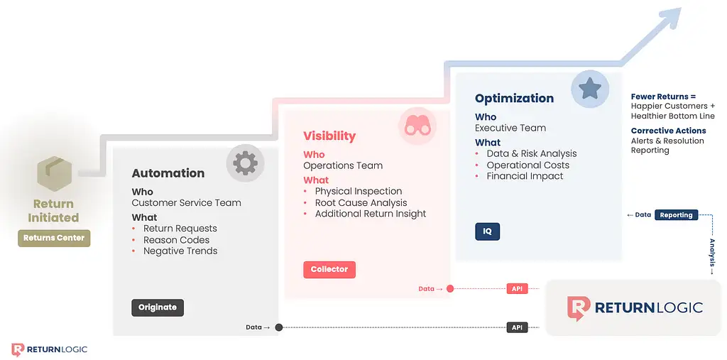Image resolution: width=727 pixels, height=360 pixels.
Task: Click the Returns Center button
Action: point(54,238)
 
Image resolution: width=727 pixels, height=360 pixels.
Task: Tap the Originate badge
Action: point(158,307)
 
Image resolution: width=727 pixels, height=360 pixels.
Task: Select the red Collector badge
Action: point(329,270)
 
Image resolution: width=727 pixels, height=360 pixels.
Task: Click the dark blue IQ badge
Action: point(487,231)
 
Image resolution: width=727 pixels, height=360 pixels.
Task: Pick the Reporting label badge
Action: point(676,215)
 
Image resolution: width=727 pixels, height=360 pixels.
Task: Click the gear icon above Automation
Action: point(245,163)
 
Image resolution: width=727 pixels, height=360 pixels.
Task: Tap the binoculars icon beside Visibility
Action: point(417,126)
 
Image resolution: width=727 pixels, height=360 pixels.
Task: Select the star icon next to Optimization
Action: point(590,88)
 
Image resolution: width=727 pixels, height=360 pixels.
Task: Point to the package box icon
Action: point(54,174)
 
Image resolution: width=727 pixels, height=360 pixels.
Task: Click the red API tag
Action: point(517,288)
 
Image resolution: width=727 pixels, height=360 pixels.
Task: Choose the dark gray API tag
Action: point(517,327)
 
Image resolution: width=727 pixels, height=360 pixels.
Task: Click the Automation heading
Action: point(168,173)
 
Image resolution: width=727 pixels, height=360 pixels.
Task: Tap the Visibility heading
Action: point(329,136)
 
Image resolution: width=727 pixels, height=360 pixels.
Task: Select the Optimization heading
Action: point(514,99)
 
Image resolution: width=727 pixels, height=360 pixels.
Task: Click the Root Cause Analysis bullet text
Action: point(361,203)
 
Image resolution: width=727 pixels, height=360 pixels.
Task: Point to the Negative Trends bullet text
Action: point(180,251)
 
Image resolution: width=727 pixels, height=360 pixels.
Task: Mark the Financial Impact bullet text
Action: point(525,176)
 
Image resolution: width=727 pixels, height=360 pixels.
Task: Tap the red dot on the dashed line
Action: point(449,288)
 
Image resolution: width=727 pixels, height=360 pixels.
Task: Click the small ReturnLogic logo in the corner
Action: point(49,349)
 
